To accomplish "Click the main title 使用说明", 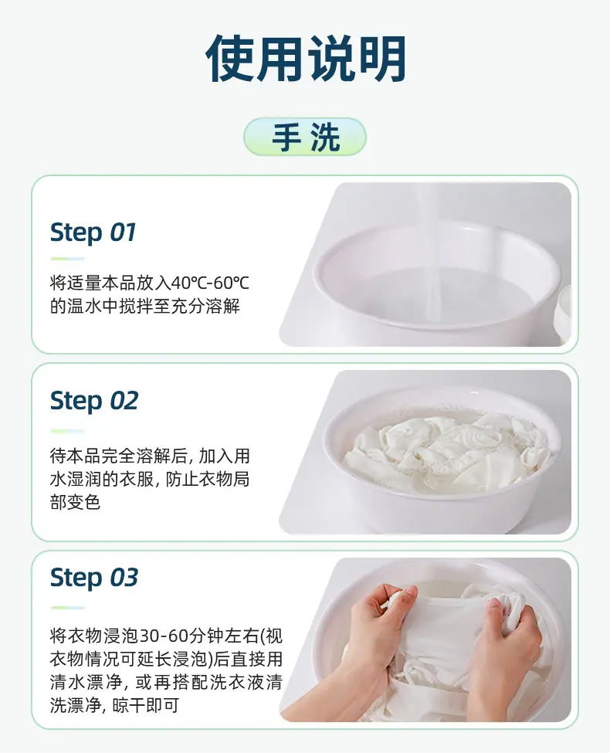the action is [x=306, y=59].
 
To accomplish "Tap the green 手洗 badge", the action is [x=305, y=137].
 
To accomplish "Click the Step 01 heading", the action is [x=93, y=233].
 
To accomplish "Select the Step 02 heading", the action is [x=94, y=401].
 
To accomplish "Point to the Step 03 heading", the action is [x=94, y=577].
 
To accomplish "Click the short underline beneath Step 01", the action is [x=68, y=259].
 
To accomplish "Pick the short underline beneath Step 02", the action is [x=68, y=431].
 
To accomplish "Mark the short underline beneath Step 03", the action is [x=68, y=608].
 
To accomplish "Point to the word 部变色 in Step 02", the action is [x=75, y=502].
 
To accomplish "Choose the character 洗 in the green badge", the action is [x=325, y=137].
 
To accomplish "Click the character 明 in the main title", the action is [x=383, y=59].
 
